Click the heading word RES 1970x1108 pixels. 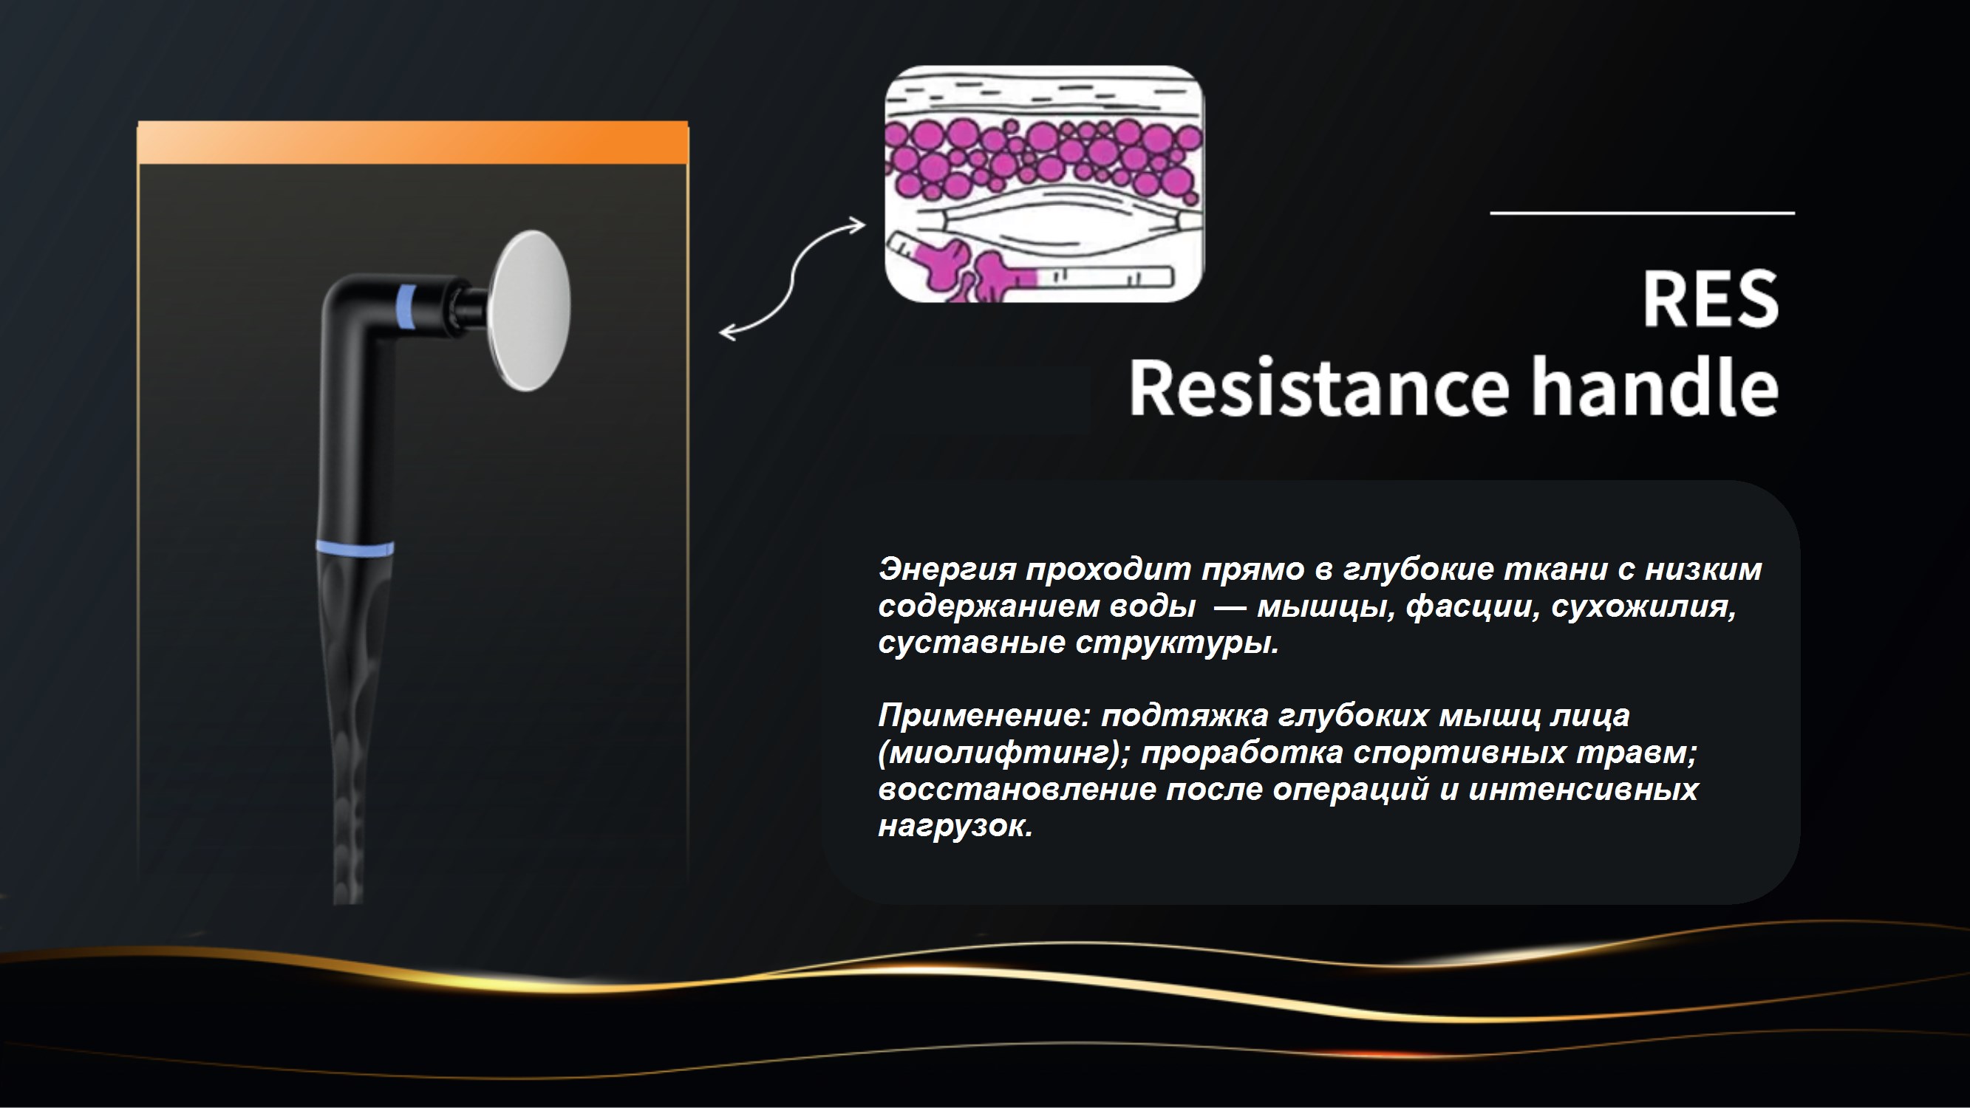click(1711, 299)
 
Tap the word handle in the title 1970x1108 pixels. click(1654, 386)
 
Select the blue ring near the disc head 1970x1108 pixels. click(407, 307)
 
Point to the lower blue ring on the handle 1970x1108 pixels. click(355, 548)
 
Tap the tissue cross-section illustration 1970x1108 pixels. click(1044, 183)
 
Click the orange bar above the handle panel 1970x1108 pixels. click(413, 143)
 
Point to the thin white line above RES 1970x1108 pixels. click(1642, 213)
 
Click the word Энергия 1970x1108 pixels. click(947, 570)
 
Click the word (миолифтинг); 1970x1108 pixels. click(1004, 753)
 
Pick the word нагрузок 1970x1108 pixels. click(955, 827)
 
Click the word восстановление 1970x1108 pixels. click(1017, 789)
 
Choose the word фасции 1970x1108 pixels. click(1473, 607)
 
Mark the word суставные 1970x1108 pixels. click(971, 643)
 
